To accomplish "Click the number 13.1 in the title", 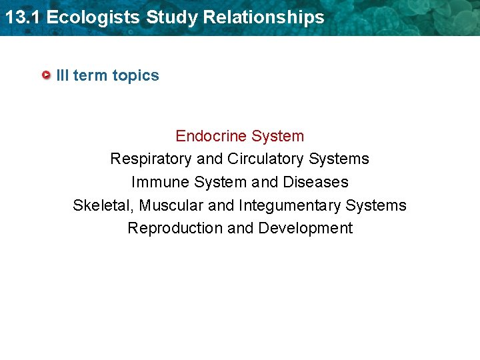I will (22, 17).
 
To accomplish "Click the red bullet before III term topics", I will (46, 75).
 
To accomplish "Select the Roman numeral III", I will (63, 75).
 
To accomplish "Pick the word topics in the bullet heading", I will (135, 75).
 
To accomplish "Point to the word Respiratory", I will (151, 159).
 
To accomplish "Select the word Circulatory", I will (265, 159).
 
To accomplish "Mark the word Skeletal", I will (103, 205).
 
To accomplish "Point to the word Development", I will (305, 228).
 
